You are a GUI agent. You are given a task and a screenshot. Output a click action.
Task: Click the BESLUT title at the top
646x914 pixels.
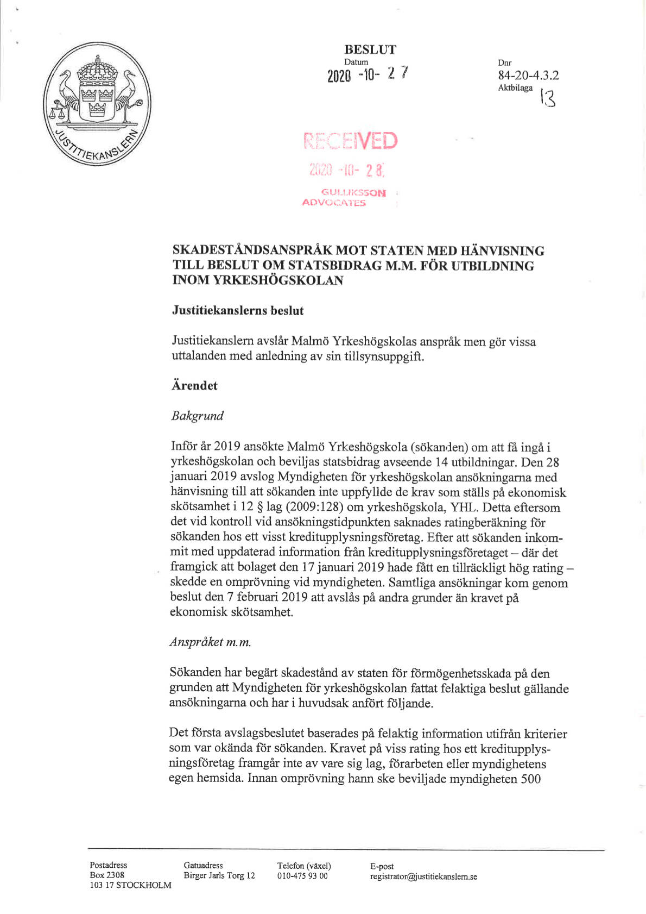370,49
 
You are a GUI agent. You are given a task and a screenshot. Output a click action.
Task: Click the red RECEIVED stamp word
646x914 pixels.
351,141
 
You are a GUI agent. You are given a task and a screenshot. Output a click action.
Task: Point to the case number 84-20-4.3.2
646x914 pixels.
528,76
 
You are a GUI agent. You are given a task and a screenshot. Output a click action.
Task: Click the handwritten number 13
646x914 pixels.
547,98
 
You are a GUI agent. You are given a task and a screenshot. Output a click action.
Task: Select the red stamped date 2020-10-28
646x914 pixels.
346,170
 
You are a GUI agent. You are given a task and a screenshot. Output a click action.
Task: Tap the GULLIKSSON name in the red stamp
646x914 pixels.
353,192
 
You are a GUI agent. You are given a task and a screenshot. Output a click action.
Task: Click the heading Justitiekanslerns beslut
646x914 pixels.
238,311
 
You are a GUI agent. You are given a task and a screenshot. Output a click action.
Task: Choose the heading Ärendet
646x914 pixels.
194,386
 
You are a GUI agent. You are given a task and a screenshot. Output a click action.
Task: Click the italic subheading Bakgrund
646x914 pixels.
197,416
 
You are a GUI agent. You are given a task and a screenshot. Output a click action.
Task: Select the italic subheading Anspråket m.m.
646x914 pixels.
210,642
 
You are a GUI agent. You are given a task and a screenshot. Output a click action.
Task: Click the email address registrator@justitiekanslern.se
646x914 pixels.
423,876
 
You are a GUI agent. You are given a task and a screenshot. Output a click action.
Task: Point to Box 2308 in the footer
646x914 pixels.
107,875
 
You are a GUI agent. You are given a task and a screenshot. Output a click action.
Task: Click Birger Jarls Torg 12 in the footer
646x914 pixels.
219,875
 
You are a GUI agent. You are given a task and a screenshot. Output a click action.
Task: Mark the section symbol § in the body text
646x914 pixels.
257,508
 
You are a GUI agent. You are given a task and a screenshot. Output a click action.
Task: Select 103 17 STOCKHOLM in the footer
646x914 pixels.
130,885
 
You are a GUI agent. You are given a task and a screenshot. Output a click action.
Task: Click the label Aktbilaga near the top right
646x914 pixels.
515,88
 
